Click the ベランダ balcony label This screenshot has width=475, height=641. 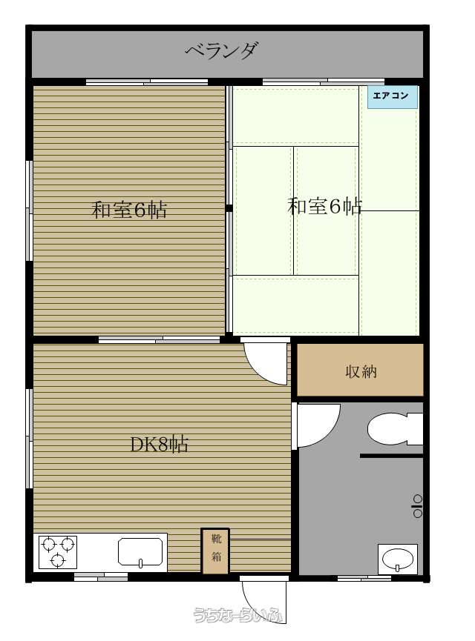221,50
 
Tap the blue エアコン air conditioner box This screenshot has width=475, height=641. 392,97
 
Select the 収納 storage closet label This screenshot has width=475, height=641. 361,371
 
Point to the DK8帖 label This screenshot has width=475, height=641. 159,444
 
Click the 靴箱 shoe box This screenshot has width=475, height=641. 215,551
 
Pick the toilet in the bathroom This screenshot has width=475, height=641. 395,429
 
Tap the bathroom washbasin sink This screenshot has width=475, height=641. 397,559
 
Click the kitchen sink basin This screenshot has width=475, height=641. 140,552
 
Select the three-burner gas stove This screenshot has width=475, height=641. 58,552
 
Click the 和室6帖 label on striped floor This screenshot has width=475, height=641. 129,210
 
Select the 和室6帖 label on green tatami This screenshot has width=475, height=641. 325,206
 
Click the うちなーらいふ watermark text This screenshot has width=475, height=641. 238,614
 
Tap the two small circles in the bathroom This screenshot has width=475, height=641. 417,505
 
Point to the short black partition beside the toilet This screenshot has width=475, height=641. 391,456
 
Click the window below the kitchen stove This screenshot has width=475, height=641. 101,577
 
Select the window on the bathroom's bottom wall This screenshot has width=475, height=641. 364,577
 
